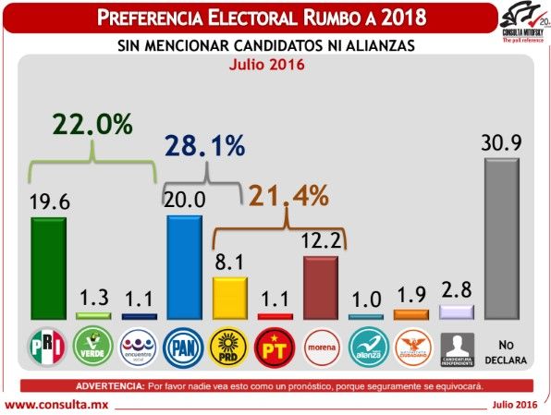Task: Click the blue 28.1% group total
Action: [x=205, y=145]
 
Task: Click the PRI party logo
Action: [x=48, y=348]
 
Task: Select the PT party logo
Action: [x=275, y=348]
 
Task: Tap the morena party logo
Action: [x=320, y=348]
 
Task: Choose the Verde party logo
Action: [x=93, y=348]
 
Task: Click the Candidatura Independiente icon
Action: [x=457, y=348]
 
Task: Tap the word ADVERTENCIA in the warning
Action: [x=107, y=384]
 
